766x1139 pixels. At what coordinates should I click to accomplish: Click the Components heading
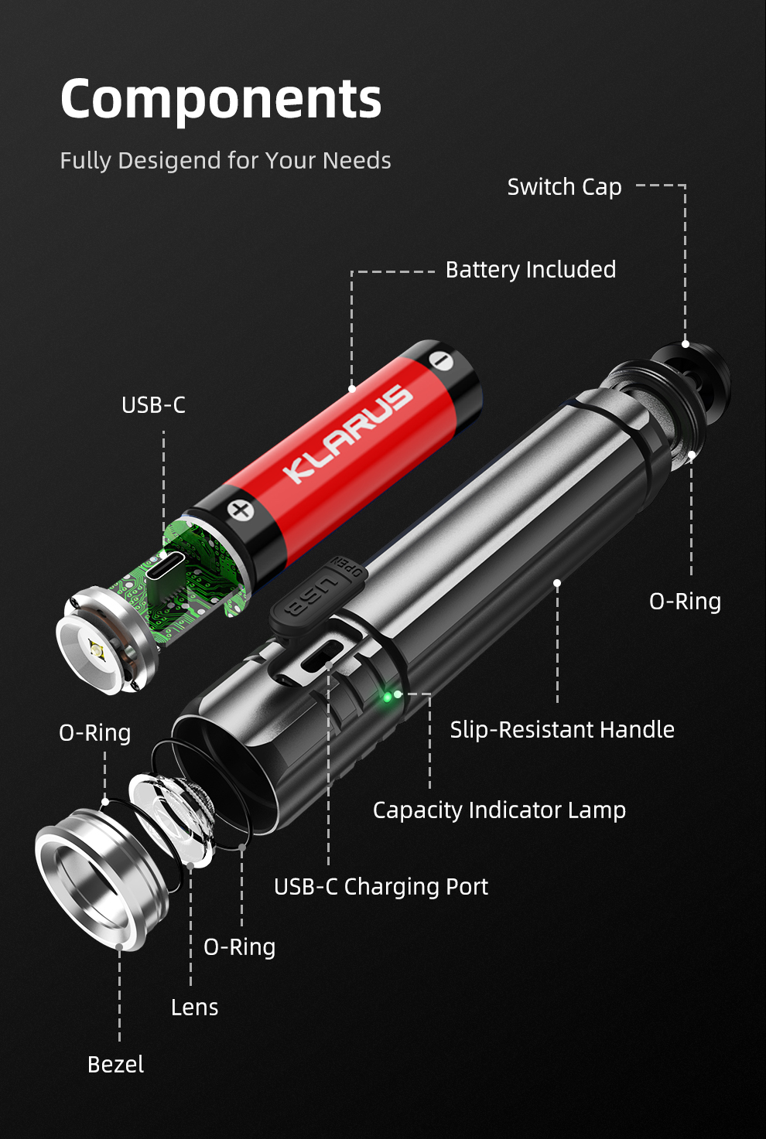tap(221, 99)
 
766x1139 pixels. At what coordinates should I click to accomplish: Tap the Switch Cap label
tap(564, 187)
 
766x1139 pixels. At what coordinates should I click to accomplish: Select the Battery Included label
tap(531, 270)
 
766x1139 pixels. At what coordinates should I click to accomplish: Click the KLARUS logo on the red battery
tap(348, 434)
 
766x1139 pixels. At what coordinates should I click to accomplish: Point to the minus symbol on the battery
tap(440, 360)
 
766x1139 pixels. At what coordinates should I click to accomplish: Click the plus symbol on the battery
tap(241, 510)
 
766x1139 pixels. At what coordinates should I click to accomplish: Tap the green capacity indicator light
tap(388, 697)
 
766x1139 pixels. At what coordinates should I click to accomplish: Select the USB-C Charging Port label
tap(381, 887)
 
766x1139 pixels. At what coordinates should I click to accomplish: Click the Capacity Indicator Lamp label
tap(499, 810)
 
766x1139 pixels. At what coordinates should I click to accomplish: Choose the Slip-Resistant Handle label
tap(562, 730)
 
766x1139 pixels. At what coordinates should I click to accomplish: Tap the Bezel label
tap(116, 1065)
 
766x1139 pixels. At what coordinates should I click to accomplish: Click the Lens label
tap(194, 1008)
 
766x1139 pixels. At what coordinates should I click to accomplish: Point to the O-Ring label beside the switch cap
tap(685, 602)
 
